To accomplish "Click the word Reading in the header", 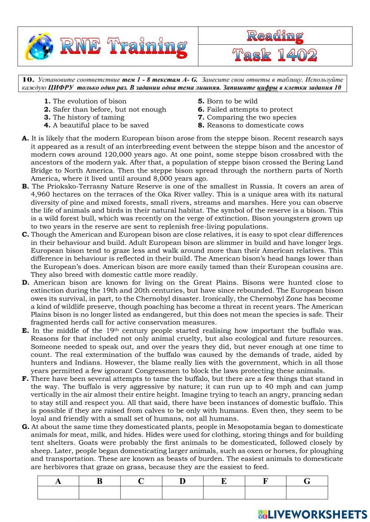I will [x=275, y=36].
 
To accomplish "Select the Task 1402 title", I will [x=275, y=55].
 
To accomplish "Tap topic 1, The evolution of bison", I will [x=85, y=101].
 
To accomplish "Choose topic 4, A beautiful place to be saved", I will [x=97, y=125].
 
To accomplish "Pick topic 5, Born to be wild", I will [x=228, y=101].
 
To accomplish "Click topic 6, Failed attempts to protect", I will [x=246, y=109].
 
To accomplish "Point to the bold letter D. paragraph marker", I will [x=26, y=283].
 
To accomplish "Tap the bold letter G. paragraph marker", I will [x=26, y=427].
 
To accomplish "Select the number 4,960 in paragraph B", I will [x=41, y=195].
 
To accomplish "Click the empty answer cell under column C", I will [x=141, y=493].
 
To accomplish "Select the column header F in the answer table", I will [x=265, y=481].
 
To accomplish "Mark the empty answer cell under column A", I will [x=58, y=493].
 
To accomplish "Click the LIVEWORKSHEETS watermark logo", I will [x=313, y=514].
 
